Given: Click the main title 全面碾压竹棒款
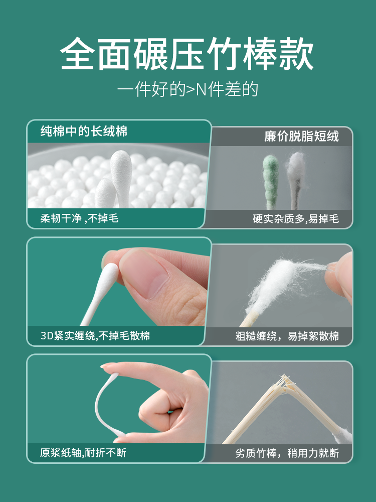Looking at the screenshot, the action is click(x=187, y=54).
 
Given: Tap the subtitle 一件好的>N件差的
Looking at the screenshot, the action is click(x=187, y=89).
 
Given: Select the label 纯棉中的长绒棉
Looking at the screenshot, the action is click(x=84, y=131).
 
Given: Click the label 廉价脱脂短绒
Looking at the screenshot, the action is click(x=301, y=137).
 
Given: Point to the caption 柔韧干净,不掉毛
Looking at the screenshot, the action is click(x=79, y=218).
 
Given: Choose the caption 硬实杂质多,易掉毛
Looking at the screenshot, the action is click(x=296, y=219).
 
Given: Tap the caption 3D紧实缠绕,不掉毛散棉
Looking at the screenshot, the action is click(x=95, y=335).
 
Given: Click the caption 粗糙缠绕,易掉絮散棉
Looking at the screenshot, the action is click(x=287, y=336).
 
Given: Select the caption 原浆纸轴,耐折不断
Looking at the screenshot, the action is click(x=83, y=453).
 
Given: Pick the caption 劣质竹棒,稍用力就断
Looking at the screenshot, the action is click(x=287, y=453).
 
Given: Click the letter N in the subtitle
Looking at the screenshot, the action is click(x=201, y=90).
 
